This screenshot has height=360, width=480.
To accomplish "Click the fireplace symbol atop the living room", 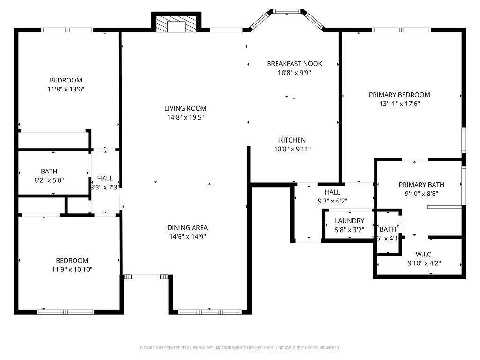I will click(176, 26).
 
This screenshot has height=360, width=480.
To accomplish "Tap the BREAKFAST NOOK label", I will click(294, 64).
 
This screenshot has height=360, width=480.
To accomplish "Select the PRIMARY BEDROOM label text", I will click(399, 95).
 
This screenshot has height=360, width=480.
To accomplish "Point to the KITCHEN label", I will click(292, 140).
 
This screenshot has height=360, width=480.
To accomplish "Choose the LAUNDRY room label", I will click(349, 221).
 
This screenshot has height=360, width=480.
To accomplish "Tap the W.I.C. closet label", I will click(424, 254).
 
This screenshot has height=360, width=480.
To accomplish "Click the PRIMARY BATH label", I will click(421, 185).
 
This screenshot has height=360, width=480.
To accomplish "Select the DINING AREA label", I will click(187, 228).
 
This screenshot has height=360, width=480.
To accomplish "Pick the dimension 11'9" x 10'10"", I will click(72, 270).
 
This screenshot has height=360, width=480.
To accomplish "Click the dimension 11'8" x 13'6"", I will click(66, 89).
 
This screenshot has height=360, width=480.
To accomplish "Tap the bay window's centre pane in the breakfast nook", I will click(287, 11).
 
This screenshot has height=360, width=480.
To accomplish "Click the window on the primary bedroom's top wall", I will click(401, 30).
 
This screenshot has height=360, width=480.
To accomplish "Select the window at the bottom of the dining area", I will click(210, 312).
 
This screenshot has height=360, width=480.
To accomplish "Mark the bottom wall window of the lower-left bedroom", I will click(66, 312).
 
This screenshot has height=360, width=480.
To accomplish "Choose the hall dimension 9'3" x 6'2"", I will click(332, 201).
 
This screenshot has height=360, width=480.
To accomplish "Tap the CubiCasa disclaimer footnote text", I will click(240, 348).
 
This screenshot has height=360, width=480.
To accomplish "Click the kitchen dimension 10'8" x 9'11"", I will click(292, 149).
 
